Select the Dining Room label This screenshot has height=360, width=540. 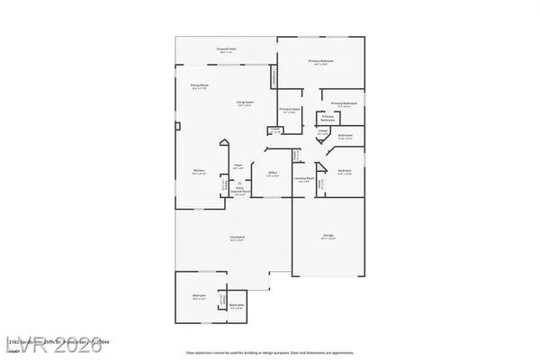(x=199, y=86)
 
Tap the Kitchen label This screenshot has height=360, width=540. (x=199, y=170)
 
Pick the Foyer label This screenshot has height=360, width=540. (x=238, y=166)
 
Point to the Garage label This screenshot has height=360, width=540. (x=328, y=237)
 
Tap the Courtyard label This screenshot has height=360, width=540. (x=238, y=238)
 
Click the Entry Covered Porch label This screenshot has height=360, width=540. (x=239, y=192)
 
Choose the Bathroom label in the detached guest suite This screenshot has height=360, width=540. (x=236, y=307)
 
